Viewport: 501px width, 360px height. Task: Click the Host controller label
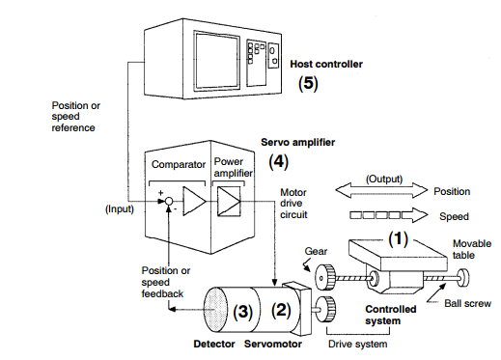pos(326,64)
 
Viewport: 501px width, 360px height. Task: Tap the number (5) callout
pos(308,83)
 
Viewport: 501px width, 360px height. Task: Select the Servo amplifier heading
pos(297,142)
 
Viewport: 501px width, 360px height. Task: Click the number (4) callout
pos(278,161)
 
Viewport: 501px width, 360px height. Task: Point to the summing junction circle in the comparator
pos(169,202)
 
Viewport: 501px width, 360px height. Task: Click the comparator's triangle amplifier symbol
pos(194,201)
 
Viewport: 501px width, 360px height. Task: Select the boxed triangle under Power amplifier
pos(229,202)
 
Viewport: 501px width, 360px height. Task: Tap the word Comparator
pos(179,164)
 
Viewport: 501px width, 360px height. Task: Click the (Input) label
pos(120,209)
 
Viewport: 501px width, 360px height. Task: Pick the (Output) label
pos(384,179)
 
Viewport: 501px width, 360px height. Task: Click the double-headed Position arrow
pos(381,190)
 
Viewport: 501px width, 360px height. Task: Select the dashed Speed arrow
pos(389,215)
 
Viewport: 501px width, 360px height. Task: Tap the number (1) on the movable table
pos(398,239)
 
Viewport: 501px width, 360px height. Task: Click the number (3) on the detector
pos(242,312)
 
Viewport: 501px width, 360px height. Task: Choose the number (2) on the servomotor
pos(281,310)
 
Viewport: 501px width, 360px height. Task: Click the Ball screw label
pos(467,303)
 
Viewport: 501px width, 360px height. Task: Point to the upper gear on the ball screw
pos(325,277)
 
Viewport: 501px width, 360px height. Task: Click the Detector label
pos(214,344)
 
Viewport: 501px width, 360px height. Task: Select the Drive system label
pos(357,344)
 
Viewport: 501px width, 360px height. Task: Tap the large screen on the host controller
pos(217,61)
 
